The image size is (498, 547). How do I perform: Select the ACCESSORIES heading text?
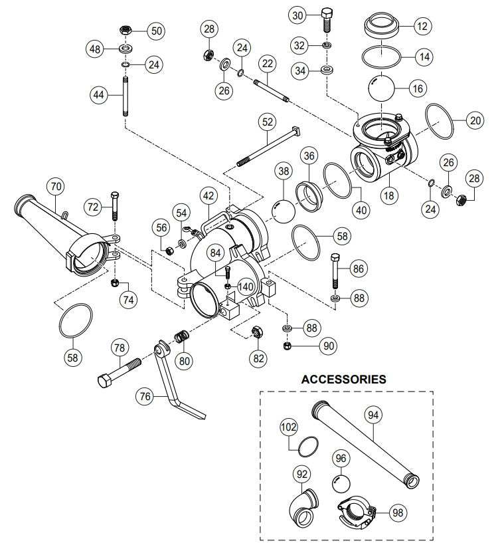click(x=343, y=380)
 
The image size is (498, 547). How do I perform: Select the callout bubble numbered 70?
click(x=56, y=187)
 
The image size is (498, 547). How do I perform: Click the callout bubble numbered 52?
click(x=268, y=122)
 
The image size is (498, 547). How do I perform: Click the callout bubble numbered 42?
click(x=209, y=195)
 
